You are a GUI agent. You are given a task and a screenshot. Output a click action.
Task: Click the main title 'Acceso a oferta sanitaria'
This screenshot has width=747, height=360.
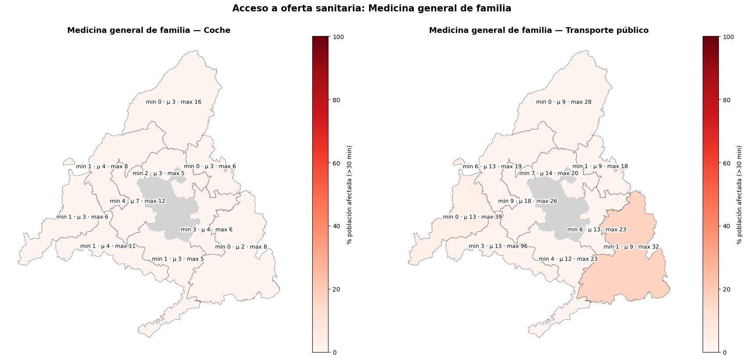(x=372, y=8)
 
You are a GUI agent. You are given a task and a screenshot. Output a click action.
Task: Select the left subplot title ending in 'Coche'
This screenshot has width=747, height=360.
(x=148, y=30)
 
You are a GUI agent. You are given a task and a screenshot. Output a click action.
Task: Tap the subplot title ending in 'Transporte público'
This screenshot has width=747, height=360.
(x=538, y=30)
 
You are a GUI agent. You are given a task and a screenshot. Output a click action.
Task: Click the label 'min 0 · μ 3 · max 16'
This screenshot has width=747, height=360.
(x=173, y=102)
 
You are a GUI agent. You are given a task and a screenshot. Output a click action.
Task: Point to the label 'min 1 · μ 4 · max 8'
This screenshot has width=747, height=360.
(x=102, y=166)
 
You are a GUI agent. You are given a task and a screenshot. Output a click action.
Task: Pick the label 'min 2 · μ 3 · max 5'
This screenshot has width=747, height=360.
(x=159, y=173)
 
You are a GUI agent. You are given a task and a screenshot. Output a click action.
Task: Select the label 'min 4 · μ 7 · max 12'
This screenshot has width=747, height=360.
(x=137, y=201)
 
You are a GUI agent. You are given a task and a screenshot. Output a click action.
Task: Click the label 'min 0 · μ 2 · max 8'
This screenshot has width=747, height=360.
(x=241, y=247)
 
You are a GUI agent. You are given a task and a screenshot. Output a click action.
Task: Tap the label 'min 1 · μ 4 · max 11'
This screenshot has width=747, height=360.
(x=108, y=246)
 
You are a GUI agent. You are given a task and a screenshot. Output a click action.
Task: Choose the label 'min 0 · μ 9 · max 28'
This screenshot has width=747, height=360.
(x=563, y=102)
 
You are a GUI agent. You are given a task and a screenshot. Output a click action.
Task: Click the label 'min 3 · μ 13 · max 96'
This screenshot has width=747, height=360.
(x=498, y=246)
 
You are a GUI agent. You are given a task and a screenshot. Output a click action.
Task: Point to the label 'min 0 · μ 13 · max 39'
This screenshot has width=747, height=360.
(x=472, y=217)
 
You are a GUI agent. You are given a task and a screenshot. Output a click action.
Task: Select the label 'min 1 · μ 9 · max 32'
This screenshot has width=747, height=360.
(x=631, y=247)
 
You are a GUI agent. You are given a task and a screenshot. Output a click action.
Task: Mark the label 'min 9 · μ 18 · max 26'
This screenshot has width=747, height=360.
(x=527, y=201)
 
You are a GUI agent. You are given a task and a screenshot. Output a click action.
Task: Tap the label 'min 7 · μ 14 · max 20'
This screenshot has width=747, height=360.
(x=549, y=173)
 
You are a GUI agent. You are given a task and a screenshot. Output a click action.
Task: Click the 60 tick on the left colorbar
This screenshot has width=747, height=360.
(x=336, y=163)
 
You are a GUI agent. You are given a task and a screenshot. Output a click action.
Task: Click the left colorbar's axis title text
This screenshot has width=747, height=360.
(x=350, y=194)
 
